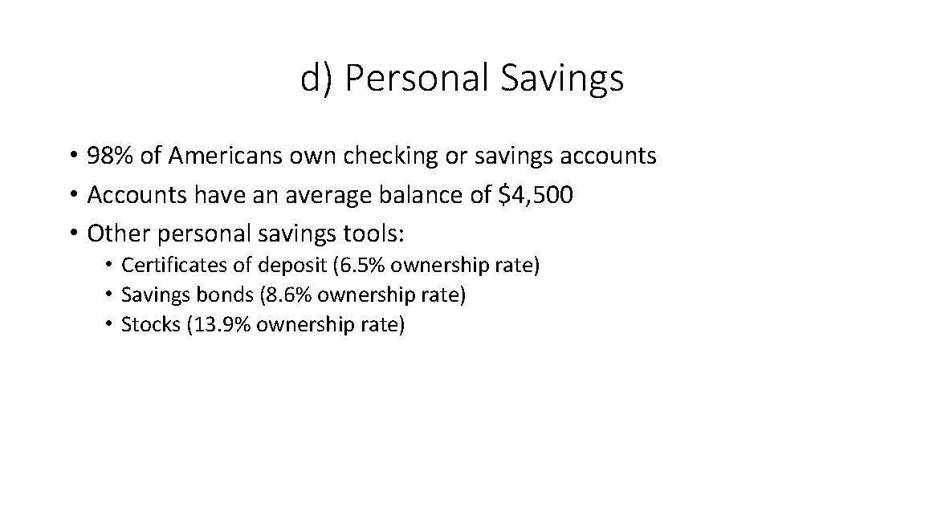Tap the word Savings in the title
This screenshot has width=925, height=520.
[561, 79]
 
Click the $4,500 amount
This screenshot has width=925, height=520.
[536, 195]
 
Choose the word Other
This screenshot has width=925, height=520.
[120, 234]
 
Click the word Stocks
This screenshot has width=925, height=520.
[150, 324]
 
